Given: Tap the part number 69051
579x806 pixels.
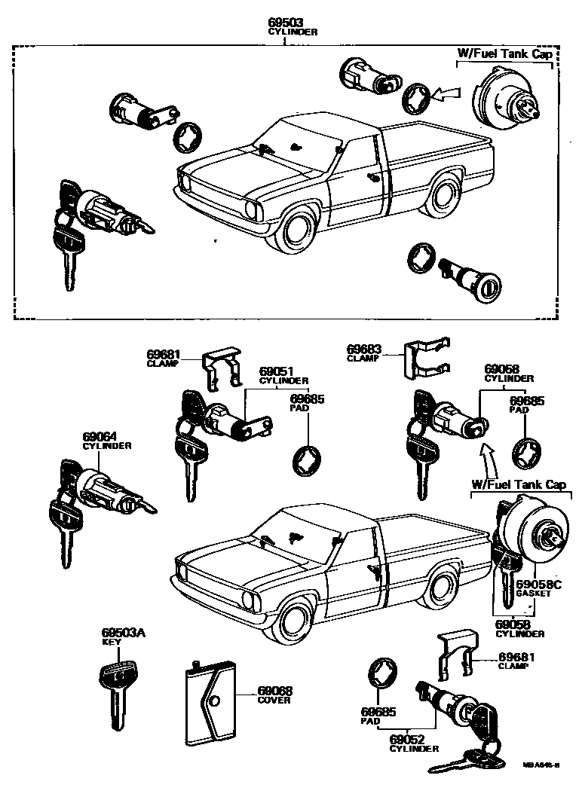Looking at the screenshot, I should click(275, 371).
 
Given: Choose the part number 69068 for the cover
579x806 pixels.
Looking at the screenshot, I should click(274, 691).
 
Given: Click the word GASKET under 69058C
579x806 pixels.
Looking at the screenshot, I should click(534, 594).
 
